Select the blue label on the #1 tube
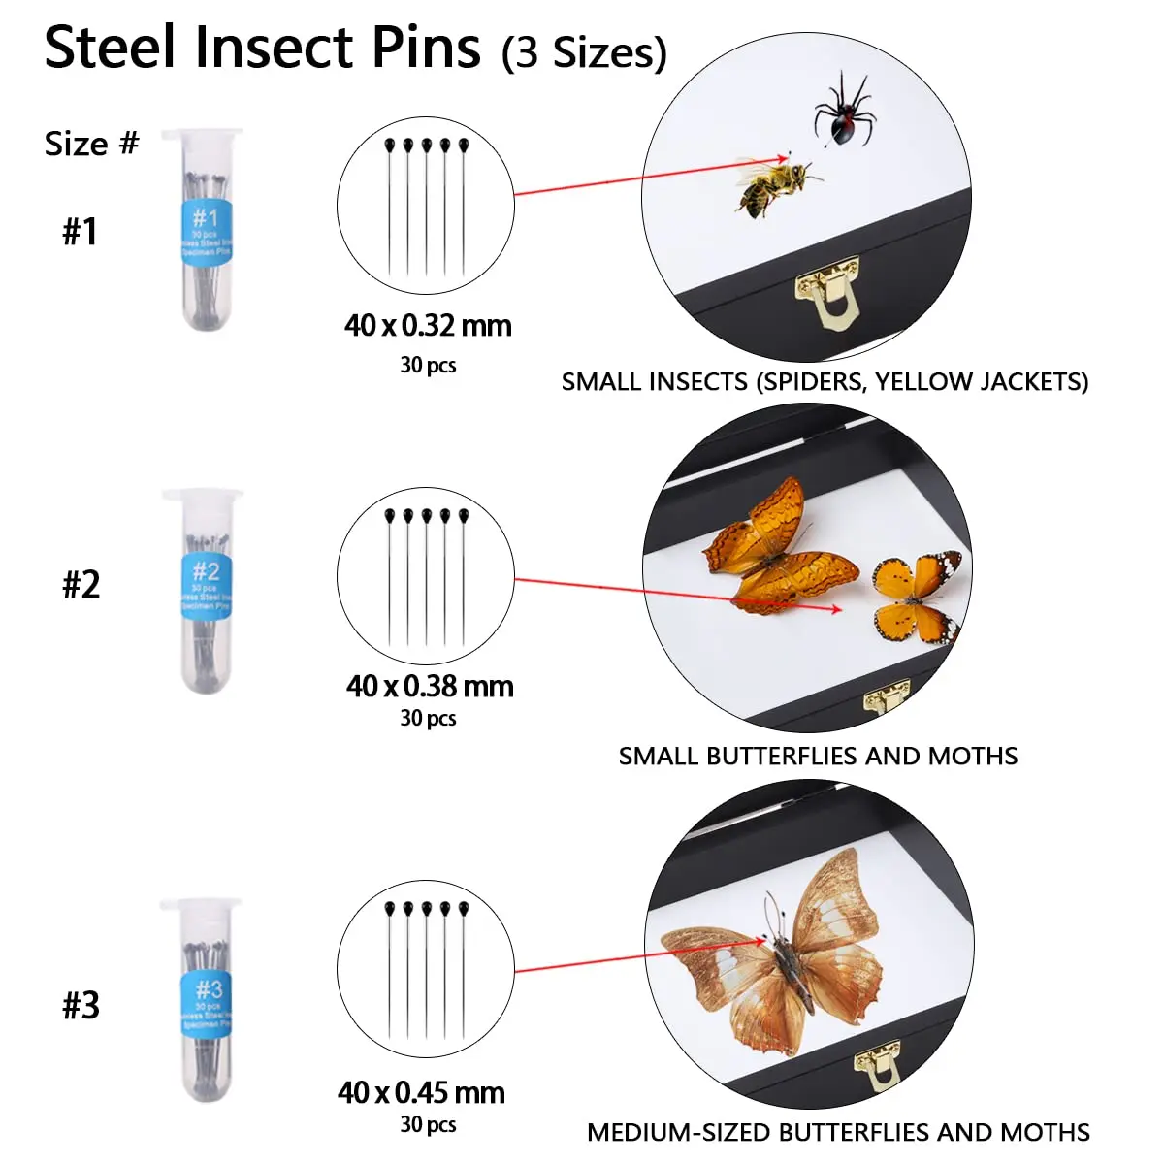coord(206,233)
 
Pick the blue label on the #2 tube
coord(206,587)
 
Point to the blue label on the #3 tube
coord(208,1005)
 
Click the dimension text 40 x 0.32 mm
coord(428,326)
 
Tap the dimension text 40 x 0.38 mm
coord(430,687)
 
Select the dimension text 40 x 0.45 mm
coord(421,1093)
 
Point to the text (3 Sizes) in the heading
coord(584,52)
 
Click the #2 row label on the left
coord(81,585)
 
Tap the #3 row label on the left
coord(81,1006)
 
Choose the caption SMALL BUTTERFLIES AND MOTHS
coord(818,757)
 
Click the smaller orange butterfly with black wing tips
coord(916,597)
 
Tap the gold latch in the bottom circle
coord(876,1067)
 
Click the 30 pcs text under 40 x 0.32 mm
coord(428,366)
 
